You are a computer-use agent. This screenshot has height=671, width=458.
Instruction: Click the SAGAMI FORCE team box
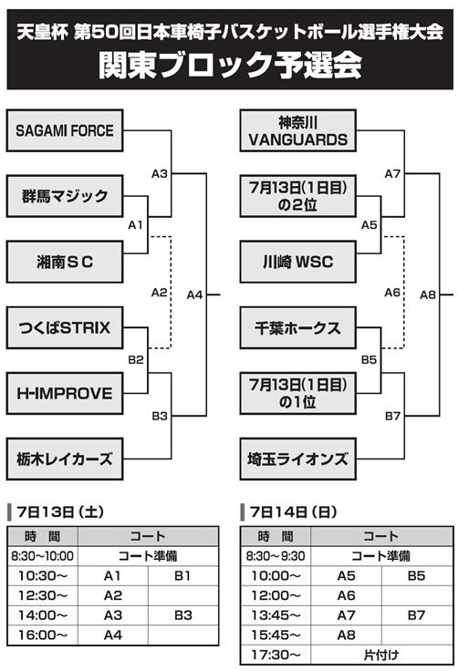click(65, 130)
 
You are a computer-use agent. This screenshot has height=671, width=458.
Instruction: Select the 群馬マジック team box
click(65, 196)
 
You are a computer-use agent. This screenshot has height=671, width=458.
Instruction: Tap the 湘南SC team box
click(65, 262)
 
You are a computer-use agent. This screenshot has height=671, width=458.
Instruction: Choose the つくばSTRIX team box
click(65, 328)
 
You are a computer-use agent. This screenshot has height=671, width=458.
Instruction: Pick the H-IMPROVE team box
click(65, 393)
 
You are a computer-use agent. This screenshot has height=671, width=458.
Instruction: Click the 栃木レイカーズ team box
click(65, 459)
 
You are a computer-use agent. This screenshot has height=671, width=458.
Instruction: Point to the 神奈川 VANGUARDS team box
click(297, 130)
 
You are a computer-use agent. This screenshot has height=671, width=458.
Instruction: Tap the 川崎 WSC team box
click(297, 262)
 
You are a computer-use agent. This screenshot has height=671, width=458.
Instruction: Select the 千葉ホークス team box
click(297, 328)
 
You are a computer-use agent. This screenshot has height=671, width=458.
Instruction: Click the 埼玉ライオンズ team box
click(297, 459)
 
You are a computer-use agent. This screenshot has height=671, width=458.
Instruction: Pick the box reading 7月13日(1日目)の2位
click(297, 196)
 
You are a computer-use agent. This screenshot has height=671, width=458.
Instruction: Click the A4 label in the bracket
click(194, 294)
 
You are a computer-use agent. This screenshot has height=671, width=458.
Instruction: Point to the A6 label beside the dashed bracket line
click(392, 293)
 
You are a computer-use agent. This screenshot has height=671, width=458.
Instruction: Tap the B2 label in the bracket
click(136, 360)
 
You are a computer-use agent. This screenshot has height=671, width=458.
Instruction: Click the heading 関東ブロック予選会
click(231, 66)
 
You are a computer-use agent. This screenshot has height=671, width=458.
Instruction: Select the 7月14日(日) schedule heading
click(294, 511)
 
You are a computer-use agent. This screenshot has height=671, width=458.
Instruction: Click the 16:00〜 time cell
click(43, 635)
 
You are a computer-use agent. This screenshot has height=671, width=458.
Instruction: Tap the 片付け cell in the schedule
click(381, 655)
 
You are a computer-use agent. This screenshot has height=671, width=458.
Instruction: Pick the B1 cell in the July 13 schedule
click(183, 576)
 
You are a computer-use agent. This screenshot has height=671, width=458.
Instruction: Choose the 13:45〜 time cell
click(276, 615)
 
